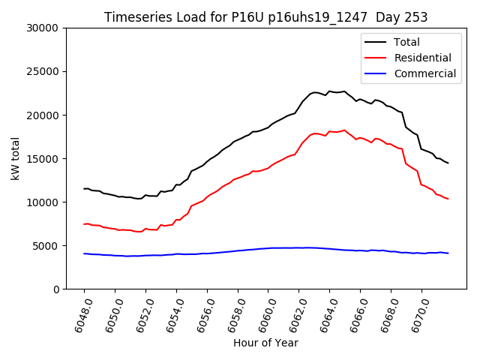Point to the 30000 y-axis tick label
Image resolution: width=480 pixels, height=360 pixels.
point(43,28)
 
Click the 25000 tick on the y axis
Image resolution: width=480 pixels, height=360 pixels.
point(43,71)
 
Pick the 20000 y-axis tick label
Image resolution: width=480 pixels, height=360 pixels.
point(43,115)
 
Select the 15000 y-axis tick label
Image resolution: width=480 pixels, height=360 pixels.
point(43,158)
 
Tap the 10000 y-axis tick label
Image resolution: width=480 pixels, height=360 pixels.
point(43,202)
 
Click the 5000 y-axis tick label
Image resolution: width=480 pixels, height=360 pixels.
point(46,245)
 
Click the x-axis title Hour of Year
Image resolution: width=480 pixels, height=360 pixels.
point(265,343)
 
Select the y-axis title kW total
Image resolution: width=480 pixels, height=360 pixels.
point(14,158)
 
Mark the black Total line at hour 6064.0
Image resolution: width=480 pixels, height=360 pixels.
point(329,91)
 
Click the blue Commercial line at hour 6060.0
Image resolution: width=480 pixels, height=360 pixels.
point(268,248)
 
